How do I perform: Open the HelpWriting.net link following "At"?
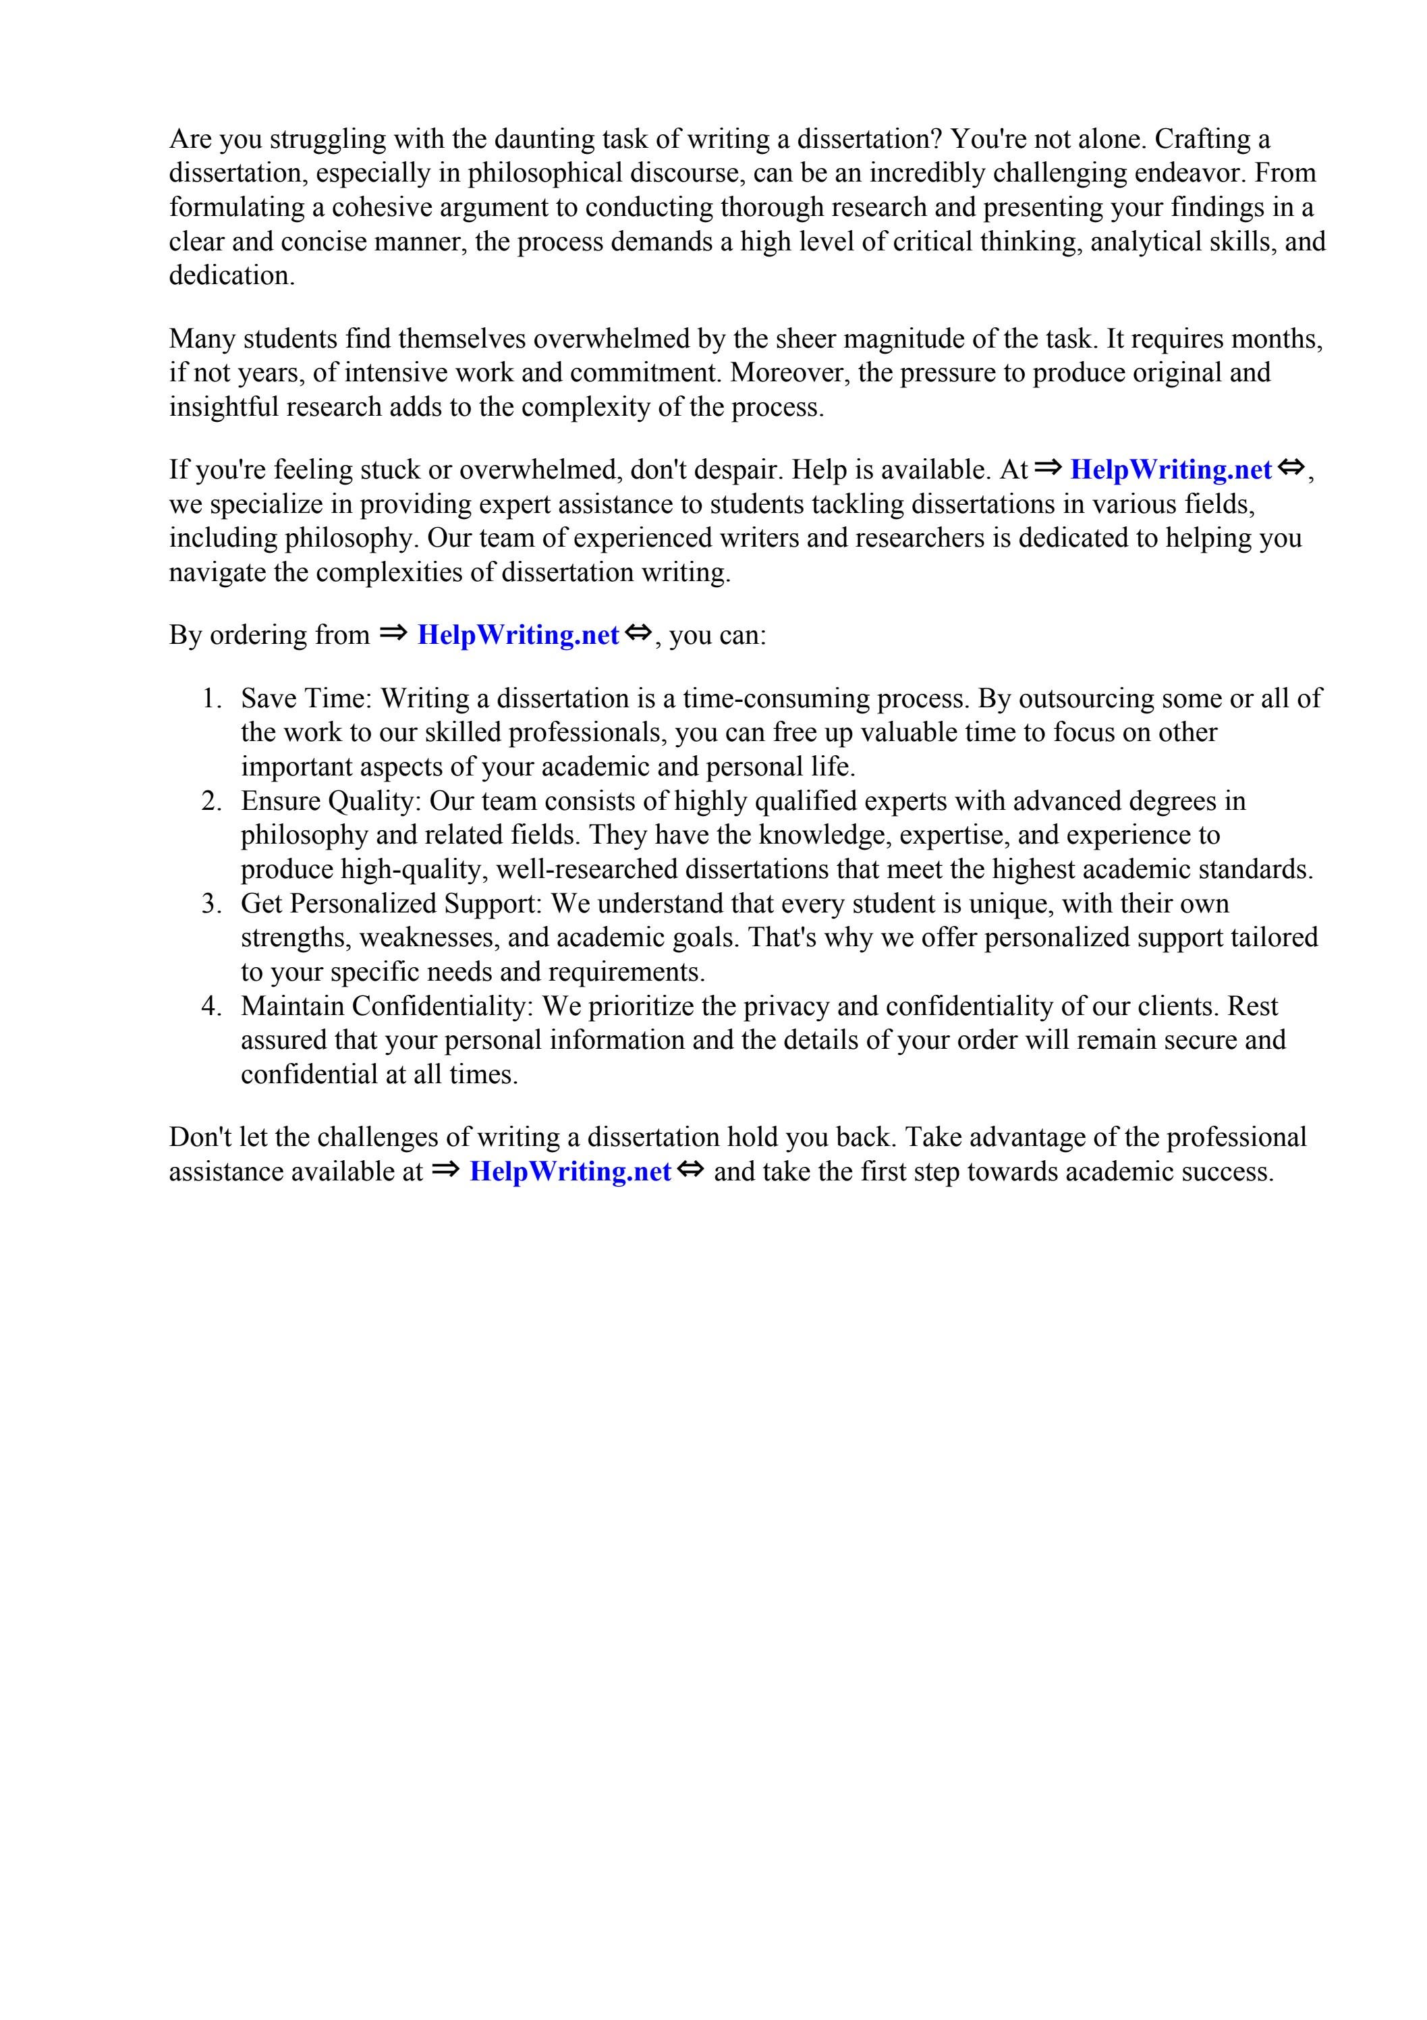[1170, 470]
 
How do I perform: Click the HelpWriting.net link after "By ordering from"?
[517, 635]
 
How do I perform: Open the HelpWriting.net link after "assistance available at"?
[570, 1172]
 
